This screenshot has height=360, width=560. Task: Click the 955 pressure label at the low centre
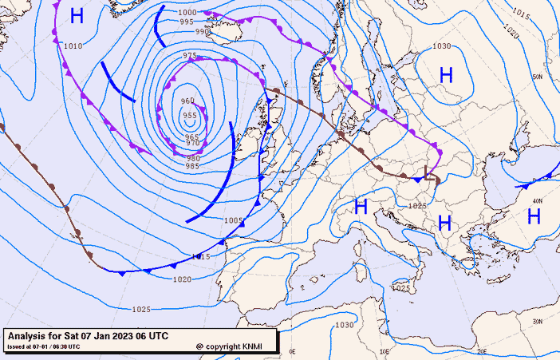[x=190, y=116]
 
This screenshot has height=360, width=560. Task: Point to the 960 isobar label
[x=187, y=101]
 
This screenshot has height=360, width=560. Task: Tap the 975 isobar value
[x=190, y=56]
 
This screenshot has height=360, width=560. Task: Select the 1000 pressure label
[x=187, y=13]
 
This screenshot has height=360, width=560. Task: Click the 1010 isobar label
[x=73, y=46]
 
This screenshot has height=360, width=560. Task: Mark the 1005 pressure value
[x=233, y=220]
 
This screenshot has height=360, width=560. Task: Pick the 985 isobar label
[x=193, y=166]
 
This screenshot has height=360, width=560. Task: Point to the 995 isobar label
[x=187, y=22]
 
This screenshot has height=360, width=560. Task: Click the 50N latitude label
[x=538, y=77]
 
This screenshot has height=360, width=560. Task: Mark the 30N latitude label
[x=538, y=321]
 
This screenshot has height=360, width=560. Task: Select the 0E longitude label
[x=293, y=351]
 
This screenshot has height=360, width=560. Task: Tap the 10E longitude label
[x=386, y=351]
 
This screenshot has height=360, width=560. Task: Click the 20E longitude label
[x=481, y=351]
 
